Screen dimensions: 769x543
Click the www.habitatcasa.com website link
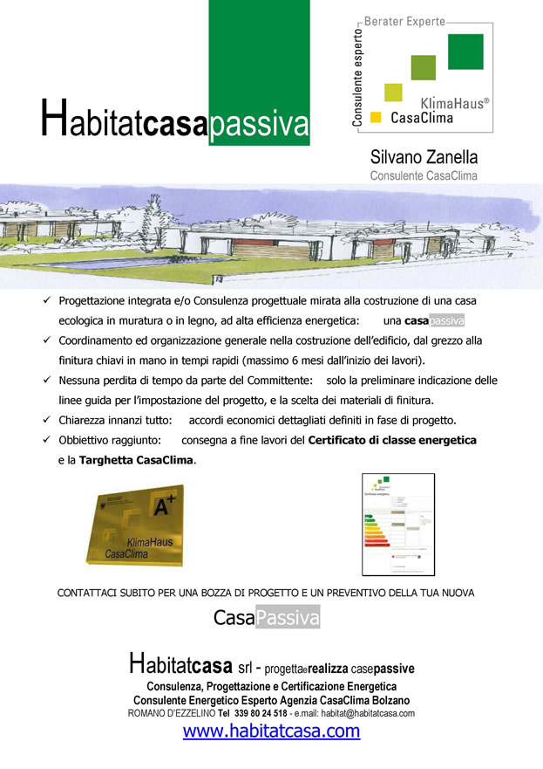pos(271,731)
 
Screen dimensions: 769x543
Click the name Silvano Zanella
pos(424,158)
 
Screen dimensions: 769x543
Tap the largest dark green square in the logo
pos(465,51)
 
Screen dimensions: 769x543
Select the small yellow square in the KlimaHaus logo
pos(376,116)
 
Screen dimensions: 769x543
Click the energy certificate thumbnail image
pos(397,525)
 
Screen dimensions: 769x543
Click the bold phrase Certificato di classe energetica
pos(392,441)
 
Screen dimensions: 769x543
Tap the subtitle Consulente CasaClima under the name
pos(424,175)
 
